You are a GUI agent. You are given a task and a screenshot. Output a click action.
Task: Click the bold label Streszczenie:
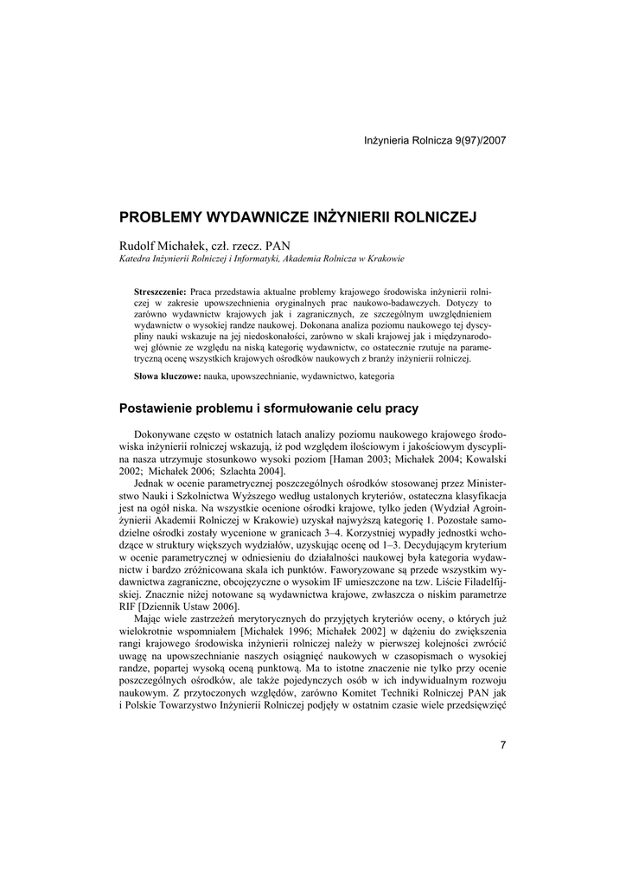pos(161,292)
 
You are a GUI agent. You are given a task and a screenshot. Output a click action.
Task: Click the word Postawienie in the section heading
pos(157,408)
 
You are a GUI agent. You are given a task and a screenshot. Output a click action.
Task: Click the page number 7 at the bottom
pos(502,746)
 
